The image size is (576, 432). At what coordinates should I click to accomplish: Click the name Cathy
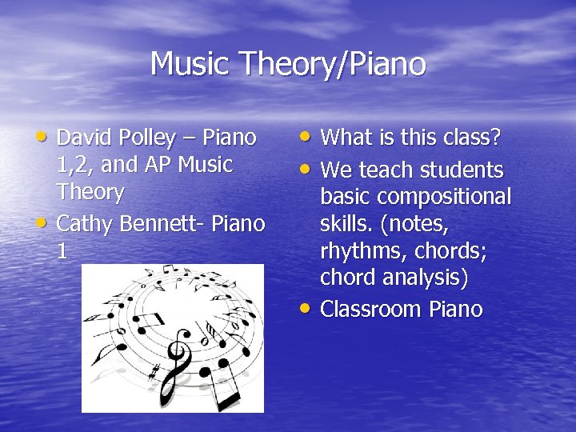(86, 223)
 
